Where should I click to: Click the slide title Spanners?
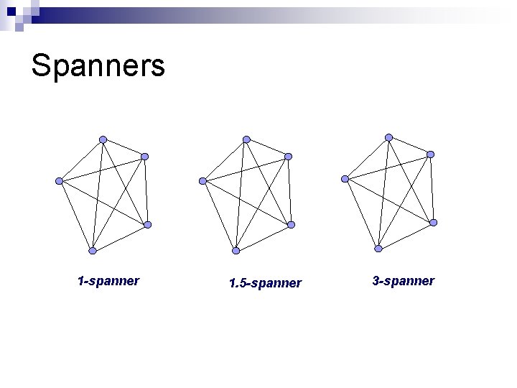[98, 66]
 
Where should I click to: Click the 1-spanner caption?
[108, 280]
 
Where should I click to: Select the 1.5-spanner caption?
[265, 283]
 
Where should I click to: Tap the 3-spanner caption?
[403, 280]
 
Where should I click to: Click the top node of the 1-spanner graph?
[103, 139]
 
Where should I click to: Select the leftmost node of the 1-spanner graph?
[60, 180]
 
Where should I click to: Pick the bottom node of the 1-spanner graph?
[92, 251]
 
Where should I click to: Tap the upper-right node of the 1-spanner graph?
[144, 156]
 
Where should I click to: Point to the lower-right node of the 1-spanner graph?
[147, 225]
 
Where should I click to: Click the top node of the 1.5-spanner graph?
[246, 139]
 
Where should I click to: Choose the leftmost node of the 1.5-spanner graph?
[203, 180]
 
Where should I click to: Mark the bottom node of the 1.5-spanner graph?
[236, 251]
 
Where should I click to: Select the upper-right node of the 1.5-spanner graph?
[288, 156]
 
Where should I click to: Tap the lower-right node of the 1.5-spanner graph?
[291, 225]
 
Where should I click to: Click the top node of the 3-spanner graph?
[388, 137]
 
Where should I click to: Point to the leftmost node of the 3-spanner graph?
[345, 178]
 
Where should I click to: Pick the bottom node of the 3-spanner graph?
[378, 249]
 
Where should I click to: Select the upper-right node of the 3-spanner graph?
[430, 154]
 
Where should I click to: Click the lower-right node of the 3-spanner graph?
[433, 223]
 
